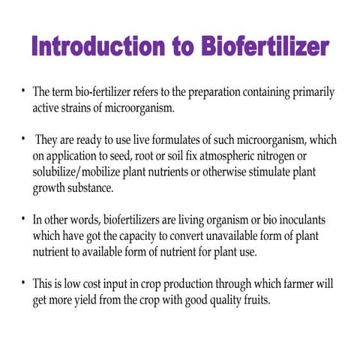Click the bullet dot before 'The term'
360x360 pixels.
pyautogui.click(x=23, y=92)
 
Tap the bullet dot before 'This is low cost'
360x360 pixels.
pyautogui.click(x=23, y=286)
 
